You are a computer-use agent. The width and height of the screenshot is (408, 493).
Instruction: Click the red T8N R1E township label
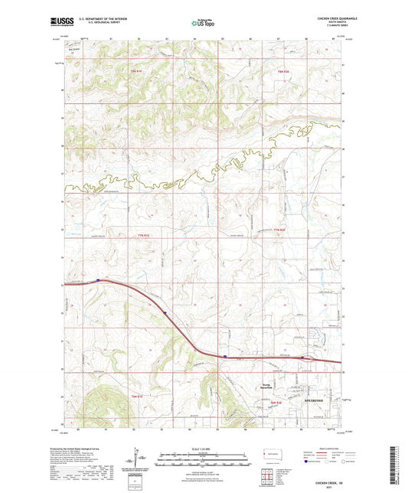pyautogui.click(x=137, y=70)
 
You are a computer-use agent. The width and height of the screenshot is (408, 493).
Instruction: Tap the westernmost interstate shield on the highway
pyautogui.click(x=98, y=280)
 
